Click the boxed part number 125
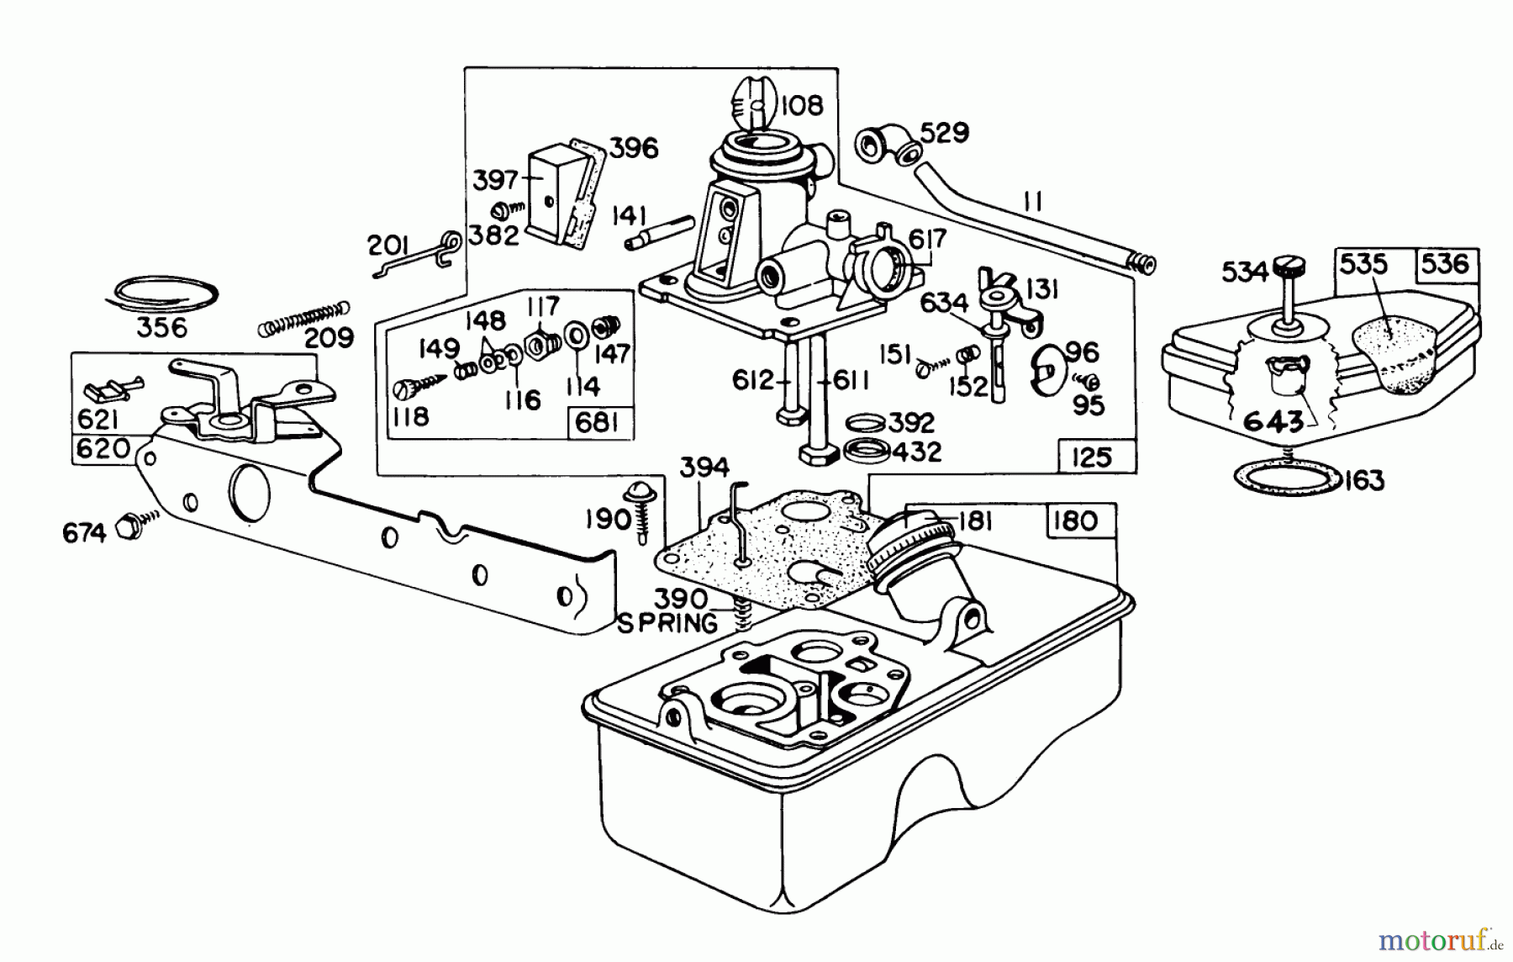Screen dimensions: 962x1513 pos(1091,457)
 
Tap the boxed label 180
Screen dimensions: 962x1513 pos(1074,521)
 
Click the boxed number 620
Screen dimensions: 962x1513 pos(103,448)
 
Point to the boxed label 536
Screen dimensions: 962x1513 pos(1446,264)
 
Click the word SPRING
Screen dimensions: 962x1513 pos(667,623)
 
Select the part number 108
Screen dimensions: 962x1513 pos(802,106)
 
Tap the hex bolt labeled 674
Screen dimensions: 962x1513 pos(129,525)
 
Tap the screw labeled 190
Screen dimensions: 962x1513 pos(641,510)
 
